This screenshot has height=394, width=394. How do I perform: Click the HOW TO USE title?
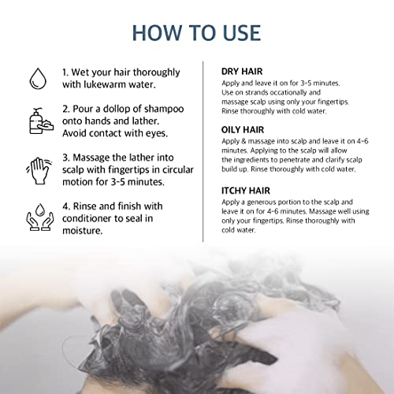[x=196, y=33]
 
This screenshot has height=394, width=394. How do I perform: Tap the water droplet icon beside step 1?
[x=38, y=79]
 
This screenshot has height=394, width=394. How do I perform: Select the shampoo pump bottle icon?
[x=41, y=121]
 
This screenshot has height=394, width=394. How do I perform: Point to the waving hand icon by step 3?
[x=39, y=171]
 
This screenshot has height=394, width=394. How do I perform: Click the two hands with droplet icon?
[x=40, y=217]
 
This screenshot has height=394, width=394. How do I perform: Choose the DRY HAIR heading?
[x=242, y=72]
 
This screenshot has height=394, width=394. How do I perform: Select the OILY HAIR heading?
[x=243, y=130]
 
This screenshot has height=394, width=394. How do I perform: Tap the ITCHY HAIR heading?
[x=246, y=191]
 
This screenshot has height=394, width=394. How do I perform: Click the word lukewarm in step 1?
[x=105, y=84]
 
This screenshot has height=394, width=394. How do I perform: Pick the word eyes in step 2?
[x=157, y=134]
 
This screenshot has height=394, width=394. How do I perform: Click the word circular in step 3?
[x=178, y=169]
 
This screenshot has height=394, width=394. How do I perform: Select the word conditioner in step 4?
[x=87, y=218]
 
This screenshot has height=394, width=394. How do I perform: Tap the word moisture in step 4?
[x=82, y=231]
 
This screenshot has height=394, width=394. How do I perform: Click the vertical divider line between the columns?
[x=203, y=151]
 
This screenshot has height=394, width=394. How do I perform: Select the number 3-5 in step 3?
[x=118, y=182]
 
